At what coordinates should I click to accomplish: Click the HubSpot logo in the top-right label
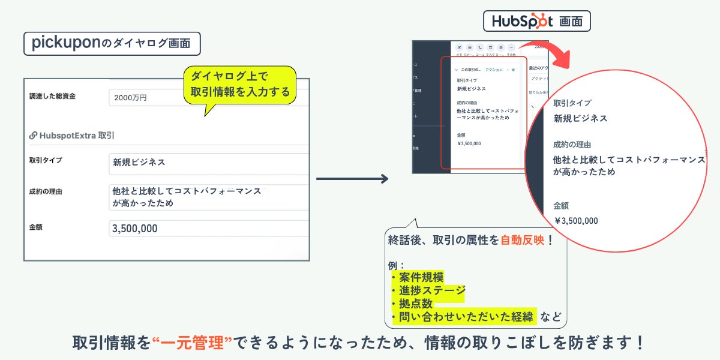pos(521,22)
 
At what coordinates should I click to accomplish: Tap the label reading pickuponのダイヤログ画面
pos(112,43)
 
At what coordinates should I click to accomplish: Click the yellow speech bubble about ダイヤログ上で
pos(240,85)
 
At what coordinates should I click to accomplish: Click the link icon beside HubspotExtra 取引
pos(33,136)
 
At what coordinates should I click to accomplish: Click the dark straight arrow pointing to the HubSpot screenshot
pos(352,179)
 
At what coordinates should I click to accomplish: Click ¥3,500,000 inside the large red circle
pos(576,220)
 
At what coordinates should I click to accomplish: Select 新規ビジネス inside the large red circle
pos(580,118)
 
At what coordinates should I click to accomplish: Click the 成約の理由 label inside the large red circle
pos(572,145)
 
